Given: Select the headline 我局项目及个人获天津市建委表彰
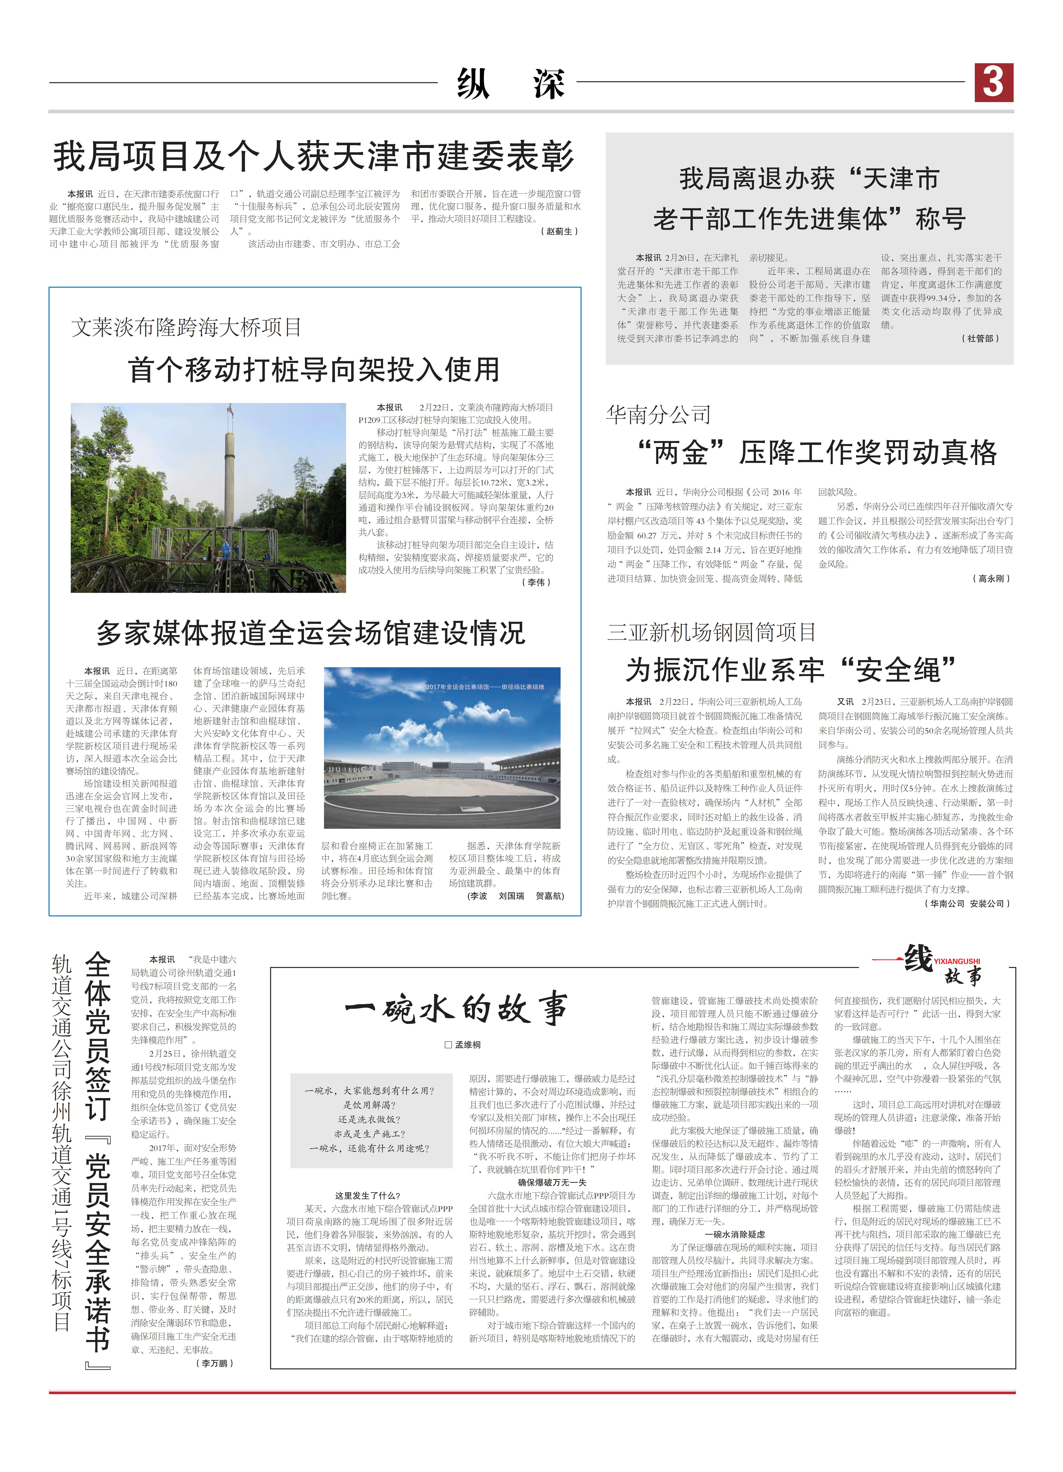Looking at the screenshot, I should [x=314, y=156].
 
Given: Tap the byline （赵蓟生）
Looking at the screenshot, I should [x=559, y=231].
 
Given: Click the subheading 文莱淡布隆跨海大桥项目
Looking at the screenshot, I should [x=186, y=327].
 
